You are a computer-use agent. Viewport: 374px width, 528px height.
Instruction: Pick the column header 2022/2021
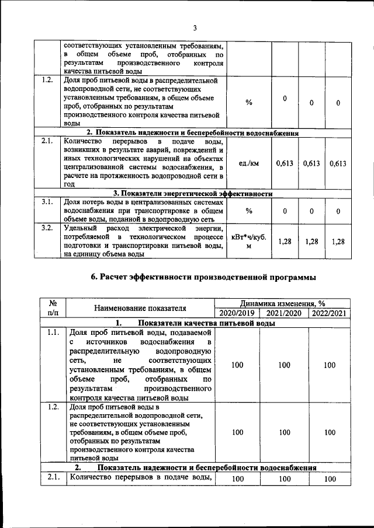tap(330, 313)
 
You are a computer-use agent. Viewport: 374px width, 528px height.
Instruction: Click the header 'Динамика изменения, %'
tap(282, 303)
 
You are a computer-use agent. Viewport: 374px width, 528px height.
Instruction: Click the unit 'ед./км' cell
tap(249, 164)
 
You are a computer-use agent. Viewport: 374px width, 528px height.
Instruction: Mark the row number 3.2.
tap(47, 228)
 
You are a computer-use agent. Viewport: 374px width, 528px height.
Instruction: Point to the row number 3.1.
tap(47, 202)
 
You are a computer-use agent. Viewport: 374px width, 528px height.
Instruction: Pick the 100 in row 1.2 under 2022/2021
tap(330, 432)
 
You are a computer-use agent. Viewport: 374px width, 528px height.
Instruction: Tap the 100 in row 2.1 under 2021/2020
tap(284, 478)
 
